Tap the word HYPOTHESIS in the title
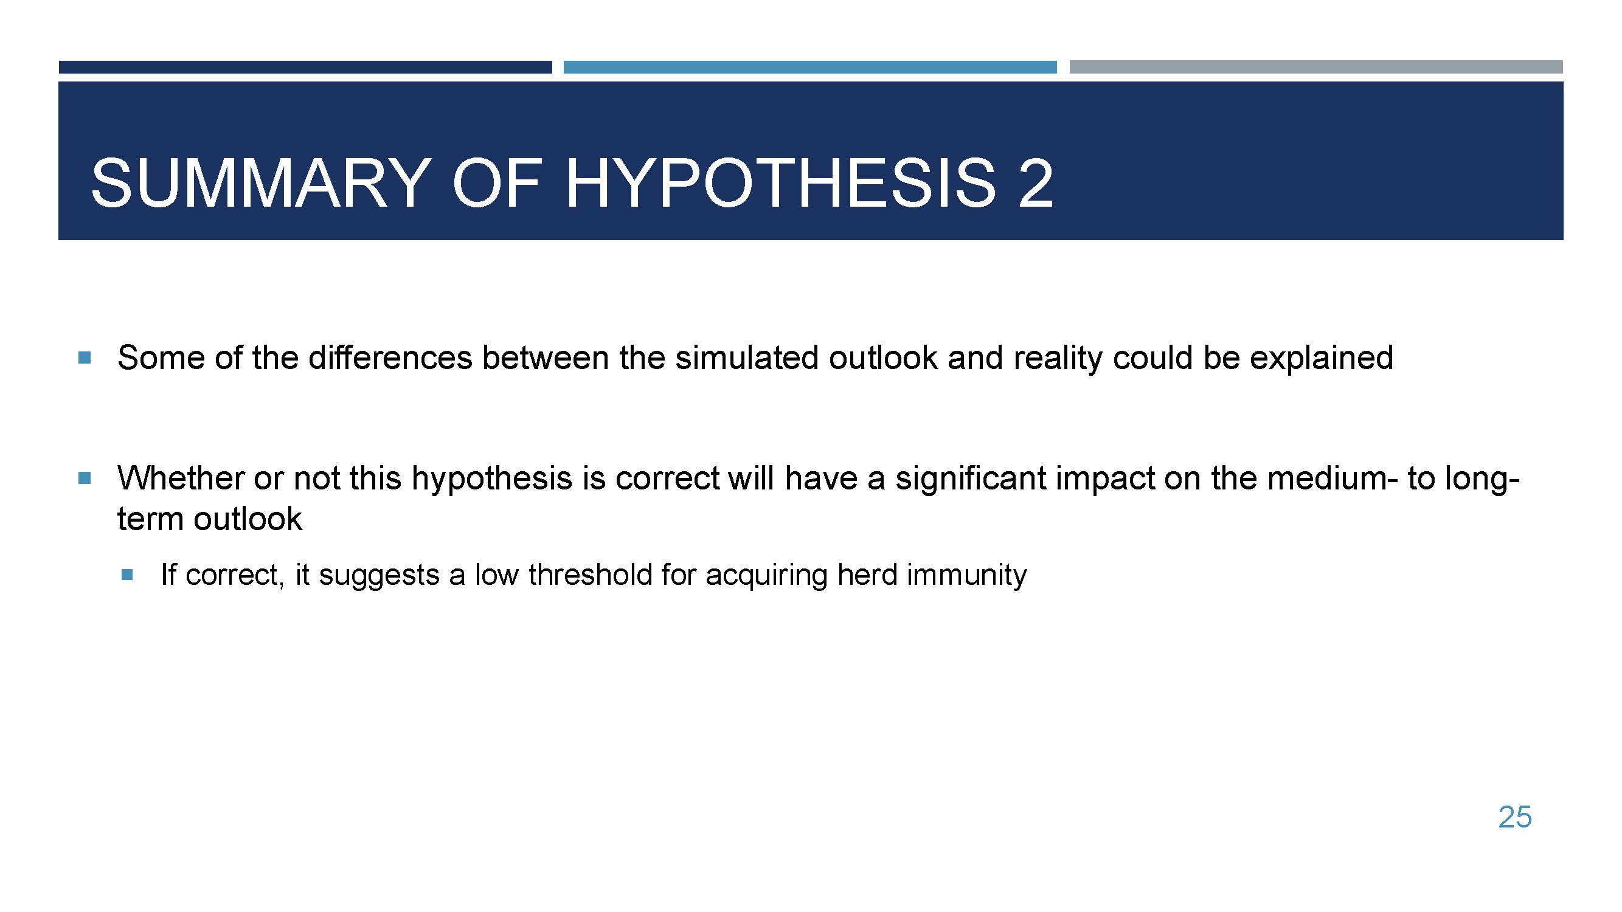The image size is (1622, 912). [781, 183]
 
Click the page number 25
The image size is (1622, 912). [1515, 817]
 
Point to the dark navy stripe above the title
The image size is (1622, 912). [305, 67]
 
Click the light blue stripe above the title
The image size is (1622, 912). [809, 67]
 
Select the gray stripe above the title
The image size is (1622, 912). [1316, 67]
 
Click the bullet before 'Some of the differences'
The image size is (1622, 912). [85, 358]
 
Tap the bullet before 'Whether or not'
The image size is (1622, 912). [85, 478]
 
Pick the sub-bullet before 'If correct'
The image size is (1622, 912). [127, 575]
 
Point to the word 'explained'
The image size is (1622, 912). [1321, 359]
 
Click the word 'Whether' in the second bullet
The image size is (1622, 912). [181, 478]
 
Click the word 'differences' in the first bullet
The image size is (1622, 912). [390, 358]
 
